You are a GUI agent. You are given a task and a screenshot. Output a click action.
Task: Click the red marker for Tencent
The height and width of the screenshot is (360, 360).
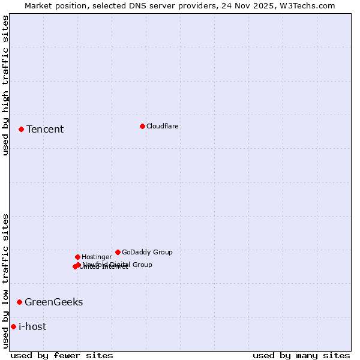tap(21, 129)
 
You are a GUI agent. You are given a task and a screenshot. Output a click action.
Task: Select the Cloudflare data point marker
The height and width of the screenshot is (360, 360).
tap(142, 126)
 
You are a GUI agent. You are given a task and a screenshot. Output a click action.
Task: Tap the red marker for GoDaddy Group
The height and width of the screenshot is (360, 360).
tap(118, 252)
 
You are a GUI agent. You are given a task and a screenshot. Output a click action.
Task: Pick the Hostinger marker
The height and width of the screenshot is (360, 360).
tap(77, 257)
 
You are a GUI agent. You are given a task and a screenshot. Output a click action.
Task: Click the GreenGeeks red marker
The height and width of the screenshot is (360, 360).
tap(19, 302)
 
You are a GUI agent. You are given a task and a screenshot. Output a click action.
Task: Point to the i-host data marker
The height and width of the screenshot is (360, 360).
tap(13, 326)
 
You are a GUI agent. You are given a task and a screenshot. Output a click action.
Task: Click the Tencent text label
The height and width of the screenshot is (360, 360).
tap(45, 130)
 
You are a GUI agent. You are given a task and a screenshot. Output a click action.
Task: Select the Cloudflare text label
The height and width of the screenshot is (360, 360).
tap(162, 126)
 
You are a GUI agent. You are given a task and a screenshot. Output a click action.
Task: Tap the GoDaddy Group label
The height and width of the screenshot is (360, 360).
tap(147, 252)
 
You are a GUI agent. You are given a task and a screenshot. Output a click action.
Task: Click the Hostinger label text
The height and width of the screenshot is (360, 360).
tap(97, 257)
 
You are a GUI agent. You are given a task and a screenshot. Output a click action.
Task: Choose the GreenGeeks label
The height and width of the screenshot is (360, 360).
tap(53, 302)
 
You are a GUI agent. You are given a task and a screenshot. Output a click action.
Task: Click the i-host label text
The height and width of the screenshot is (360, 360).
tap(32, 326)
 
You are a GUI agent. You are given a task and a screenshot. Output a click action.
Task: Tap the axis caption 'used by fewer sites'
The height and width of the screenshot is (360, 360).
tap(62, 355)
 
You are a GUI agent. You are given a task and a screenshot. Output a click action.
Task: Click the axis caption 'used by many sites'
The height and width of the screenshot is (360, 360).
tap(301, 355)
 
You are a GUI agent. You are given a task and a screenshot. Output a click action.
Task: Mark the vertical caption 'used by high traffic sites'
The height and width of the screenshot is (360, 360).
tap(5, 85)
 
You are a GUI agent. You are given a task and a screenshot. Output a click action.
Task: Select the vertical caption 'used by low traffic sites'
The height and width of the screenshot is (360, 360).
tap(5, 281)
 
